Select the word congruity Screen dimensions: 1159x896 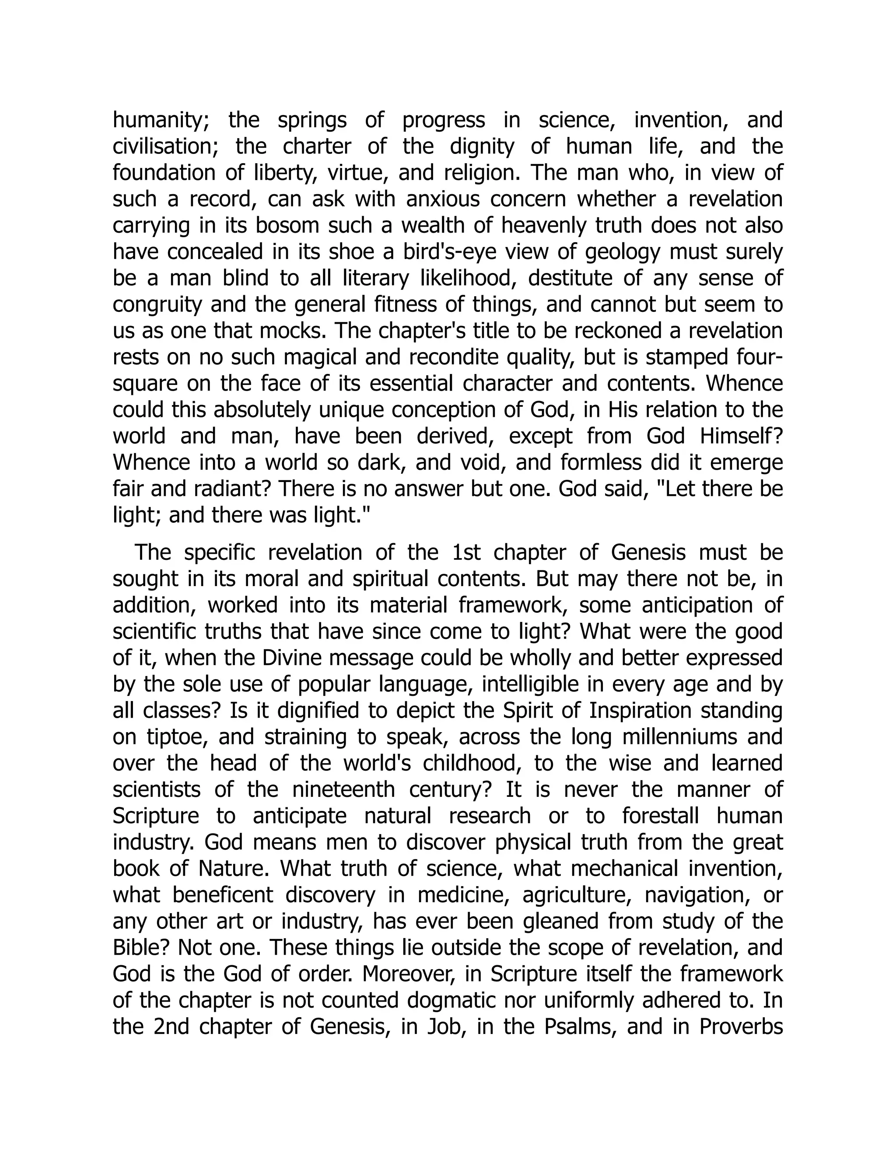click(x=157, y=305)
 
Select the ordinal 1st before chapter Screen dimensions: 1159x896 click(x=465, y=552)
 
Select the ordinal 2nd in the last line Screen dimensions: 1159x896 click(x=171, y=1027)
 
